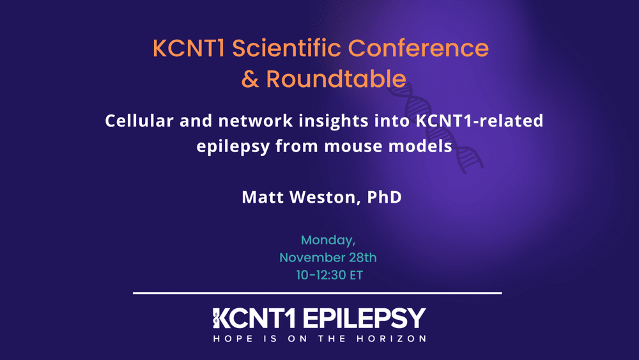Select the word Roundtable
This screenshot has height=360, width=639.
[x=336, y=79]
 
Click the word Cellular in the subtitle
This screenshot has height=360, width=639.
[x=141, y=121]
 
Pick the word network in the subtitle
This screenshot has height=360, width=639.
[x=249, y=121]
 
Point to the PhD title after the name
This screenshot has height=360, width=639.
[x=385, y=197]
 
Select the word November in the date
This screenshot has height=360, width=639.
[x=309, y=258]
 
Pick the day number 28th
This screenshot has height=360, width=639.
[x=362, y=258]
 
